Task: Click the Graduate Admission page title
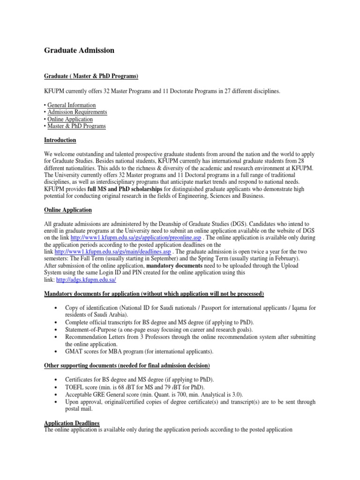pos(79,50)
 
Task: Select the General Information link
pos(71,105)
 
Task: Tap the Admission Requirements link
pos(77,112)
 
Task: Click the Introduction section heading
pos(60,140)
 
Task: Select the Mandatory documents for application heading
pos(154,294)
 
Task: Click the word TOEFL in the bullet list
pos(75,386)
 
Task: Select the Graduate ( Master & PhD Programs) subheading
pos(91,76)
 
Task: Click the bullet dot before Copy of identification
pos(56,308)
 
